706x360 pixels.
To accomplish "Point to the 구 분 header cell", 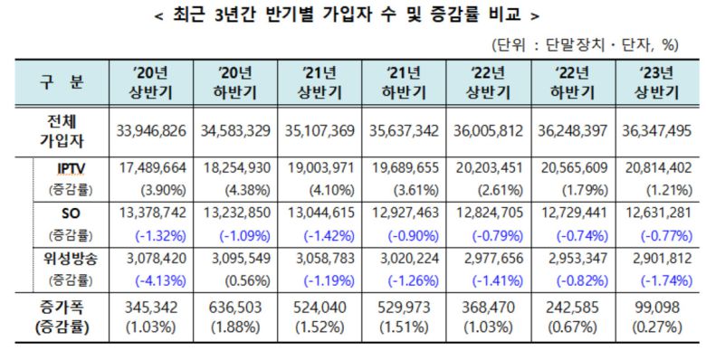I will (61, 82).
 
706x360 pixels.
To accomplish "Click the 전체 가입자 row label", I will (61, 130).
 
